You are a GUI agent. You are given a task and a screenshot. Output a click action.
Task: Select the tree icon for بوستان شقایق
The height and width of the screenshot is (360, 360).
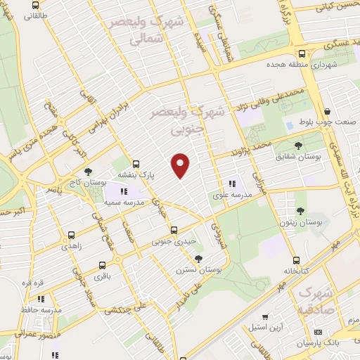coord(300,146)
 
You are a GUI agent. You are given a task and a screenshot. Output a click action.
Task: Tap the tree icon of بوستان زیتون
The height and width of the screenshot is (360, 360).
coord(301,211)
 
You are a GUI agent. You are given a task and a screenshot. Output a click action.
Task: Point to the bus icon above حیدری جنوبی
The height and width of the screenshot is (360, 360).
coord(174,230)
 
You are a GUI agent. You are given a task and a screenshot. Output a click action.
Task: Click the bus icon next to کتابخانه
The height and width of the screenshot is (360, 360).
coord(295,259)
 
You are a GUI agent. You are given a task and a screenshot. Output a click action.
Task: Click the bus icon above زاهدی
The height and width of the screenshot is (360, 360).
coord(71,236)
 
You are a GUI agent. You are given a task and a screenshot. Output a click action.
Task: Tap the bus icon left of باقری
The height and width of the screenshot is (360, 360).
coord(103,266)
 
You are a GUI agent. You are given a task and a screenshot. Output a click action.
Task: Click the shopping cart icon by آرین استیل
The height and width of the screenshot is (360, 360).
coord(264,317)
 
